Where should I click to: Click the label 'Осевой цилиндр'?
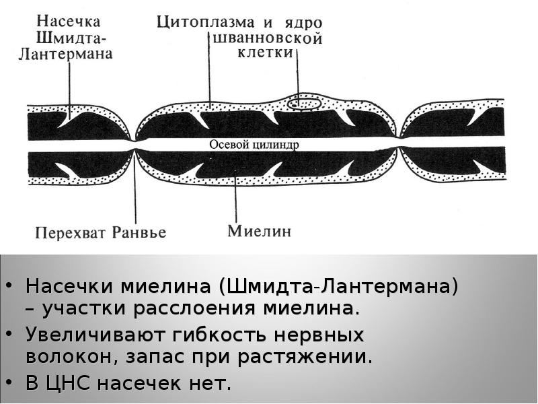[x=254, y=145]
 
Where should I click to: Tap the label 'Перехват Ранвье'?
[x=100, y=233]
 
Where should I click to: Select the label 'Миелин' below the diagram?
[x=260, y=231]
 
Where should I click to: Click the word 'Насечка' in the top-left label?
[x=69, y=22]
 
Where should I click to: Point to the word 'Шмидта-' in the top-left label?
[x=71, y=38]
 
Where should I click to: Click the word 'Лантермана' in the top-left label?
[x=65, y=55]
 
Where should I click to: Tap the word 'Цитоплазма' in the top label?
[x=206, y=23]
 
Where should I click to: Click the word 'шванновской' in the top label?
[x=268, y=38]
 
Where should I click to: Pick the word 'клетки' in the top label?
[x=266, y=53]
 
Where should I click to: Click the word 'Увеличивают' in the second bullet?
[x=94, y=335]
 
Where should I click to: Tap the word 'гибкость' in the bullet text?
[x=220, y=335]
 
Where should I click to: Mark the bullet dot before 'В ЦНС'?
[x=9, y=382]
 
